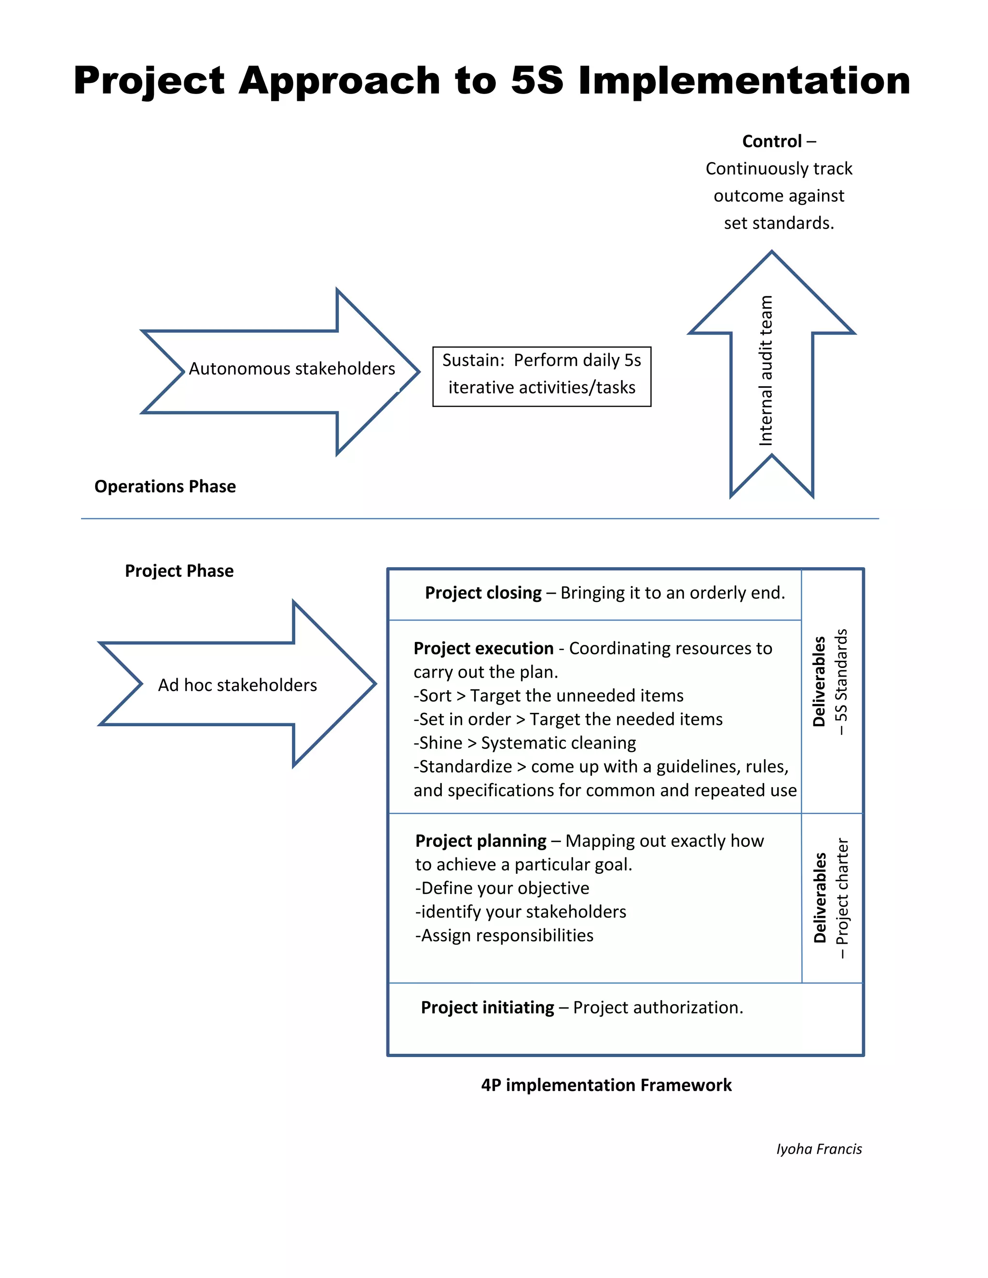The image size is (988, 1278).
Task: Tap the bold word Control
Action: (771, 142)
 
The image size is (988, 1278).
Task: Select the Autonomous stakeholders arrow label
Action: (291, 368)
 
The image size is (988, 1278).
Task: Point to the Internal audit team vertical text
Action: (766, 371)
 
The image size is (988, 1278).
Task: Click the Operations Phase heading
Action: (165, 486)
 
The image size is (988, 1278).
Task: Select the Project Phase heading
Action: (179, 571)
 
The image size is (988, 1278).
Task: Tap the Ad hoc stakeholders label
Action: (237, 685)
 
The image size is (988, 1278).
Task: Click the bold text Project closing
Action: (483, 593)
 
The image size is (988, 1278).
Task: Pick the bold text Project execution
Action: (483, 648)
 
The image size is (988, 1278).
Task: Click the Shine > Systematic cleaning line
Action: (525, 743)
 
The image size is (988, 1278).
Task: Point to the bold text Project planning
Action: (480, 841)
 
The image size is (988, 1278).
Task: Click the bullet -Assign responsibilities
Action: (505, 935)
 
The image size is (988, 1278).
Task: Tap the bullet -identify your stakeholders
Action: (521, 911)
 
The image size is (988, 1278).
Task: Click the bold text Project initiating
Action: (487, 1007)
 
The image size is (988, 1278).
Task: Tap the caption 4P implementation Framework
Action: (606, 1085)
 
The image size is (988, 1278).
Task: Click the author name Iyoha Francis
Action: (819, 1149)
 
